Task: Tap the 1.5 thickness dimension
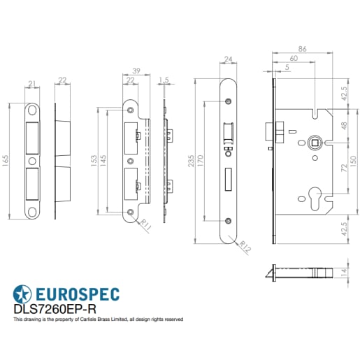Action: click(164, 79)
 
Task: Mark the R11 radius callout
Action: click(145, 225)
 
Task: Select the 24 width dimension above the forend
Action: click(227, 59)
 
